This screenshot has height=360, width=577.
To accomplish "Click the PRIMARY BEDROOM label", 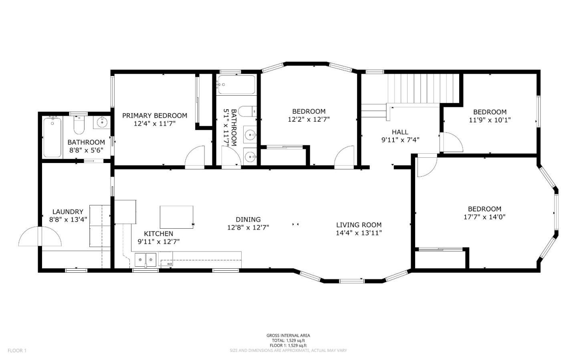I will click(154, 116).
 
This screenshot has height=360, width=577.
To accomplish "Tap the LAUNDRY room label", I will click(68, 212).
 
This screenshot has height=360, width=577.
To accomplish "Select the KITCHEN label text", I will click(158, 234).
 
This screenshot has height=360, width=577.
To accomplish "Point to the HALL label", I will click(400, 132).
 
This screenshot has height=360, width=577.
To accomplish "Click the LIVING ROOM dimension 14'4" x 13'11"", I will click(359, 233).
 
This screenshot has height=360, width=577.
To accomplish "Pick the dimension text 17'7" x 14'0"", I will click(484, 217).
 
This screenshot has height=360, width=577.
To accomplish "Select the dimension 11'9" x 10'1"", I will click(490, 120).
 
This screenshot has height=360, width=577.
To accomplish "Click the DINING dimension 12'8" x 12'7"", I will click(248, 227).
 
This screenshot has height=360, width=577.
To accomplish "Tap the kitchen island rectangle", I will click(176, 217).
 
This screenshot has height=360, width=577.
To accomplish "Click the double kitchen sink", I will click(145, 260).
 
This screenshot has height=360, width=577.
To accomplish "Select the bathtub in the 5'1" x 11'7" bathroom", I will click(236, 85).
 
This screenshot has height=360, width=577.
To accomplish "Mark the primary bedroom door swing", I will click(195, 157).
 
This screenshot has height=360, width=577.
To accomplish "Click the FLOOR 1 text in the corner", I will click(17, 351).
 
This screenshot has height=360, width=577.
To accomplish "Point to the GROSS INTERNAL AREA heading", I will click(288, 336).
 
